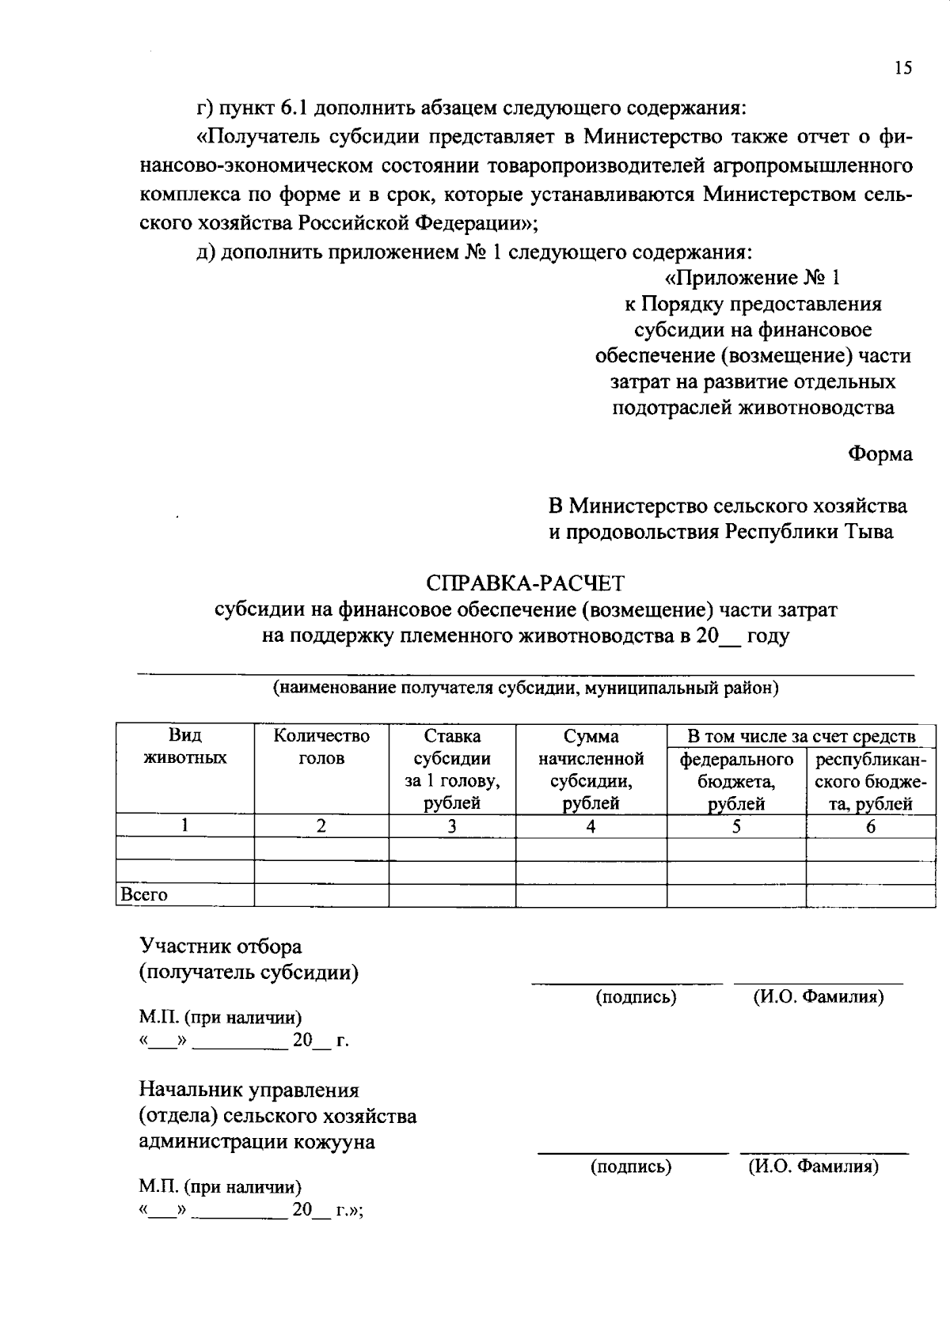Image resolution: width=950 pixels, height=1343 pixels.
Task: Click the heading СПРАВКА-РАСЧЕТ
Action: click(x=525, y=583)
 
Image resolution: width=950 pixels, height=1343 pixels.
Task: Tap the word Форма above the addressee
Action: click(x=880, y=454)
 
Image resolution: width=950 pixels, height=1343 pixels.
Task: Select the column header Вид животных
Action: click(x=184, y=747)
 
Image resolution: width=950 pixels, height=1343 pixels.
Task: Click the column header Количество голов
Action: click(x=321, y=747)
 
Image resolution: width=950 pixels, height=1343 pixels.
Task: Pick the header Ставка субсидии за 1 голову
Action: click(x=452, y=769)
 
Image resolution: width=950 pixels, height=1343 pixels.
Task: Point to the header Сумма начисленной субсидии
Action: click(x=591, y=769)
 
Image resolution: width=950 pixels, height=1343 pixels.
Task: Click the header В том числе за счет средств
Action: click(x=801, y=736)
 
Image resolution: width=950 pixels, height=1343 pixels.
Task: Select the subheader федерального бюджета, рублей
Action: click(x=736, y=781)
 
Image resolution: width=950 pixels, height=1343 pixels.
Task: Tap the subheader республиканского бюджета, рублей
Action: click(x=870, y=781)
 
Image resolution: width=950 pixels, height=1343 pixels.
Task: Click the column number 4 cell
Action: click(x=591, y=827)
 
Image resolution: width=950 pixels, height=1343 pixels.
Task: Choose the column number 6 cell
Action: click(x=870, y=827)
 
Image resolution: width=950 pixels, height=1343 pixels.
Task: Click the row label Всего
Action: click(x=144, y=895)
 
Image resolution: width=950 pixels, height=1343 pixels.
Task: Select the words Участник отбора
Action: click(x=221, y=947)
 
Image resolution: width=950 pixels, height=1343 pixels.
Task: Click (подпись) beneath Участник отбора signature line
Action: click(x=636, y=997)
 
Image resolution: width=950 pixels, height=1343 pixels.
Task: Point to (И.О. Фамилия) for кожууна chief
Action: click(x=813, y=1166)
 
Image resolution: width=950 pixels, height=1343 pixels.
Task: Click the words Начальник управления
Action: click(x=249, y=1091)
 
